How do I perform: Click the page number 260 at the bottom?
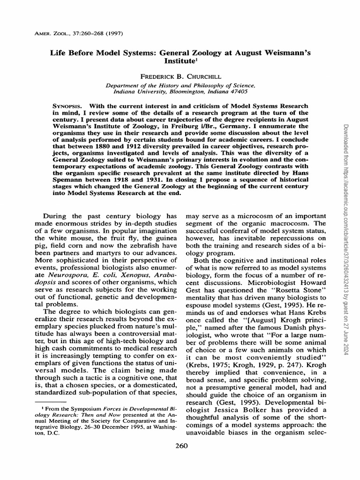coord(180,446)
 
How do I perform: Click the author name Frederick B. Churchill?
coord(180,75)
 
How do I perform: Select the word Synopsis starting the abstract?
coord(68,106)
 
